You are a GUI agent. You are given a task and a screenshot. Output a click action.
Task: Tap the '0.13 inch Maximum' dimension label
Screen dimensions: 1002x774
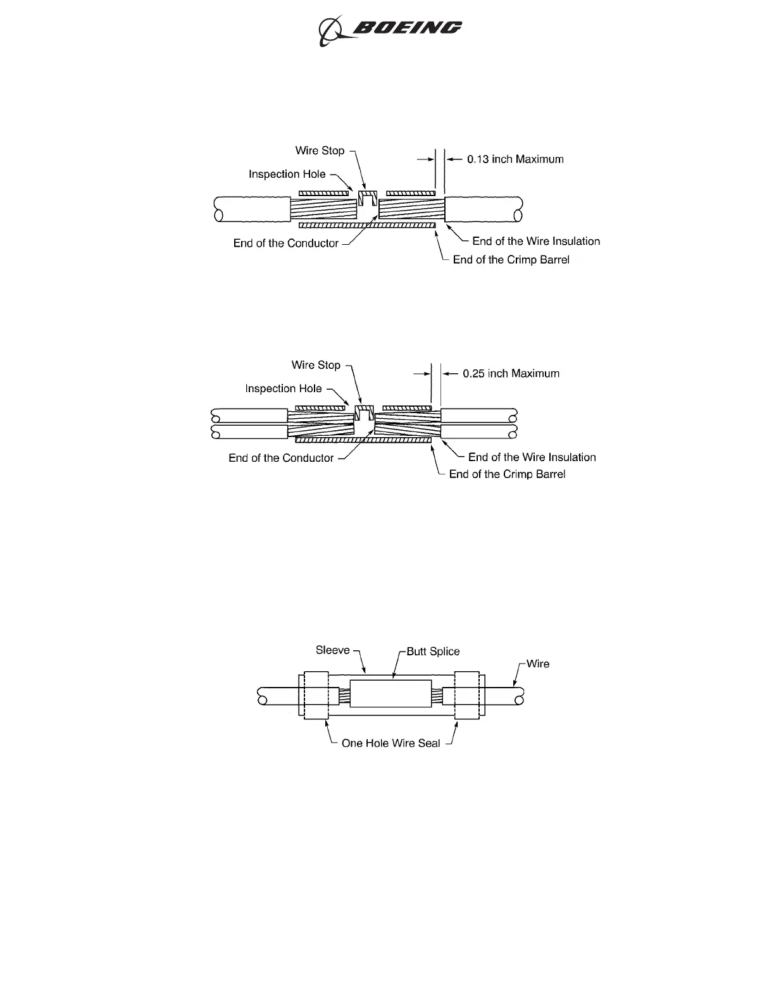(x=515, y=159)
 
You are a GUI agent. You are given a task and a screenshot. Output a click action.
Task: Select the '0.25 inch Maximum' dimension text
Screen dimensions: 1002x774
(x=511, y=374)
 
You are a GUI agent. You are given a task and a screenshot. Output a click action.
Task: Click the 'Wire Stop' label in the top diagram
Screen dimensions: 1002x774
(x=320, y=151)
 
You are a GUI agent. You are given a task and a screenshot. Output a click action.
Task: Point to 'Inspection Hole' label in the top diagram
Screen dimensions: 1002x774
(x=287, y=174)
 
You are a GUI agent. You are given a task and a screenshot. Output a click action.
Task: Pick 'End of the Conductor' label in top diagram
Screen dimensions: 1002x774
(x=286, y=244)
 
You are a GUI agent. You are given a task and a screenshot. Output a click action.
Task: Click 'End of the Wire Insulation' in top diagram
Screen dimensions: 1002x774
(x=536, y=241)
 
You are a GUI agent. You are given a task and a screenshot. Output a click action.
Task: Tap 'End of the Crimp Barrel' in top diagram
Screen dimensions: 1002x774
(x=511, y=260)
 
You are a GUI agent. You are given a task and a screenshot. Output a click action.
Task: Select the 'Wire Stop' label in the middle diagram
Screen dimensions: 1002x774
(x=316, y=365)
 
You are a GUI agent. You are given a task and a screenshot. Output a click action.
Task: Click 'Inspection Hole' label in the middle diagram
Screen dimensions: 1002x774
(x=284, y=389)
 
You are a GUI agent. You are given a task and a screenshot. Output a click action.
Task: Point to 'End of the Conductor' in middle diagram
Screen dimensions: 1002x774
(x=281, y=458)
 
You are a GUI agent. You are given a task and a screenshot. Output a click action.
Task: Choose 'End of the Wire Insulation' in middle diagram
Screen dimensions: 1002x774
(x=532, y=457)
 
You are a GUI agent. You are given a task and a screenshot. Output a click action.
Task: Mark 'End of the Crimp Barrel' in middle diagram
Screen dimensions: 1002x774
(x=507, y=474)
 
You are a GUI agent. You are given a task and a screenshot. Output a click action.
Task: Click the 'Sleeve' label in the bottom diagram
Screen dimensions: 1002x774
(x=332, y=650)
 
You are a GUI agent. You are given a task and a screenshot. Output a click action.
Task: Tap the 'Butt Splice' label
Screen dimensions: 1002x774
(x=433, y=652)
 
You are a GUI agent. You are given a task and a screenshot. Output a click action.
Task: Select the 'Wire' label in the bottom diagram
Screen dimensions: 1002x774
(x=538, y=664)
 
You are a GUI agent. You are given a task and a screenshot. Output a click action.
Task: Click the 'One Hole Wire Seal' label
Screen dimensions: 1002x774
(x=390, y=743)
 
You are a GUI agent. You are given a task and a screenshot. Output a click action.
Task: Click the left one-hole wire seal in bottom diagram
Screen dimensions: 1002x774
(x=315, y=695)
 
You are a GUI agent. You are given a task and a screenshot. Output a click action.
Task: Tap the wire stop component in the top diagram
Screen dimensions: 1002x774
(x=368, y=198)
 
